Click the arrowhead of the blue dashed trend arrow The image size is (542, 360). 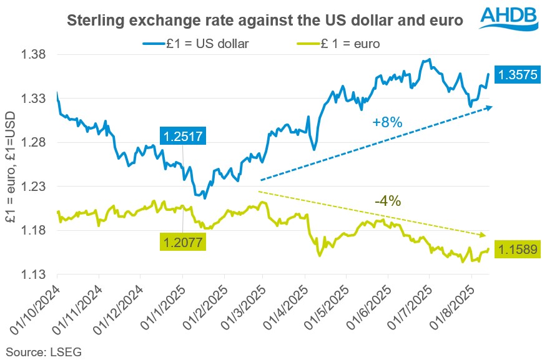coord(490,107)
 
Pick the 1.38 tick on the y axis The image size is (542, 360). coord(36,55)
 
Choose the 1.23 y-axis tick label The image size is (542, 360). coord(36,187)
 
